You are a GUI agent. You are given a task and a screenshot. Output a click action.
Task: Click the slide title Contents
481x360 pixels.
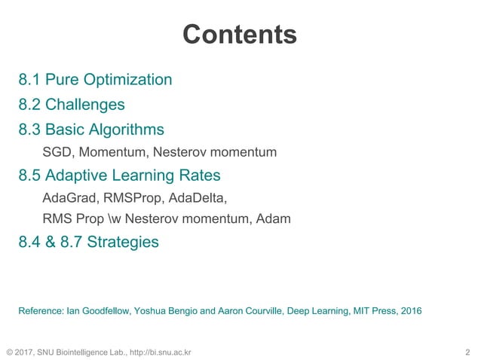[240, 35]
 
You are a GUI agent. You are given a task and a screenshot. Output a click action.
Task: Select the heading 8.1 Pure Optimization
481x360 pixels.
[95, 79]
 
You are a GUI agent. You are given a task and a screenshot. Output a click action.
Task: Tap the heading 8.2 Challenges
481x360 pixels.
[72, 104]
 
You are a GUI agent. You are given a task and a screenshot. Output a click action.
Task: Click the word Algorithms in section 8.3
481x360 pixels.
[127, 129]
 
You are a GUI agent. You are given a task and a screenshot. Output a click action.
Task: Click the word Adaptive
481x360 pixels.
[75, 175]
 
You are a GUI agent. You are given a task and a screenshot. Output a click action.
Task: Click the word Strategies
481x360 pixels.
[123, 242]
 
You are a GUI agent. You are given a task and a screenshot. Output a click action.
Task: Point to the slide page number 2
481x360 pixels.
[467, 351]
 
